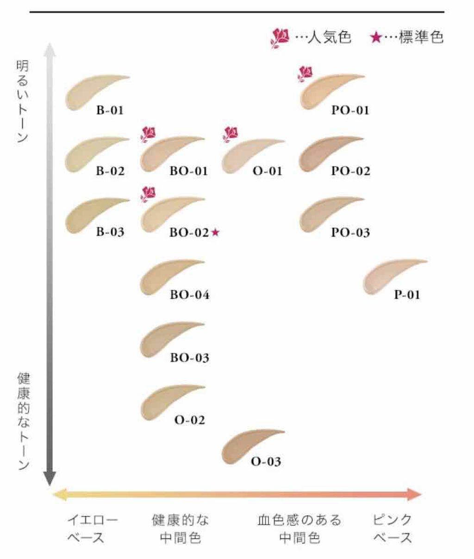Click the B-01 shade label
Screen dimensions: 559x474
pos(110,111)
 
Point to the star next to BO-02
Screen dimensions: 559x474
pos(215,232)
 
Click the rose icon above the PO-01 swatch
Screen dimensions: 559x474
pos(306,74)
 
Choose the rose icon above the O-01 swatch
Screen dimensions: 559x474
pos(230,134)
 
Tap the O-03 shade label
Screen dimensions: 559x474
pos(266,462)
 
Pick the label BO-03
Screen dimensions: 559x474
pos(189,358)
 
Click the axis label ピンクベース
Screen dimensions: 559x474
pos(393,528)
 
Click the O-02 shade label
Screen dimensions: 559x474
pos(189,421)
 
